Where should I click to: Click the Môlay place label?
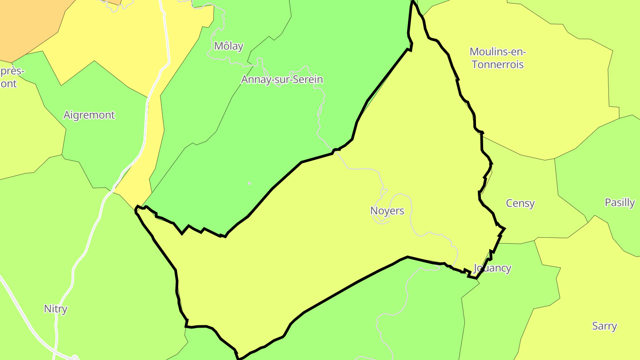228,46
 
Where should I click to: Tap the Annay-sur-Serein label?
282,80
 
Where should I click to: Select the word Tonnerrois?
498,64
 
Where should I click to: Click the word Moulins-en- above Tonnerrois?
498,52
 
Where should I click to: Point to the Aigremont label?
89,115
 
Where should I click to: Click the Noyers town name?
387,211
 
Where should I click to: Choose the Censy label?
520,203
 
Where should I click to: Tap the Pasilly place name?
620,203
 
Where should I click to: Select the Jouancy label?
492,268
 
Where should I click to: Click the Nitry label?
56,309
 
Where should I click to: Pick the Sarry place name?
604,326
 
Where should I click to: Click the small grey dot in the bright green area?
249,183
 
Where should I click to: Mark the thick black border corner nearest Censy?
504,229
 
